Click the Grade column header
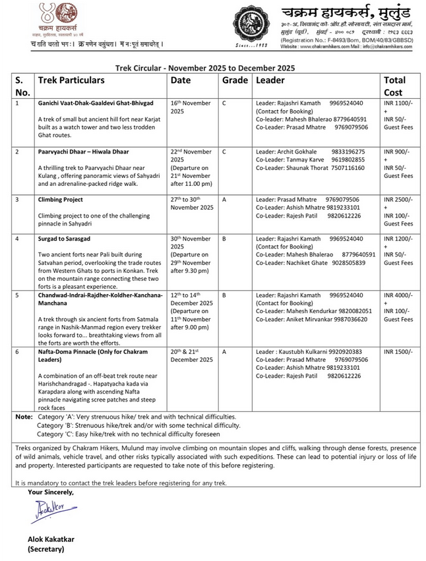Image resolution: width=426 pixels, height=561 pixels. click(234, 80)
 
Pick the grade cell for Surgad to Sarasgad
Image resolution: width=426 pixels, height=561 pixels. click(224, 238)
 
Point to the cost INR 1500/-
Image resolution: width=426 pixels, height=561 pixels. click(398, 351)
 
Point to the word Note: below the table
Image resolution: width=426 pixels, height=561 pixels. click(24, 417)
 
